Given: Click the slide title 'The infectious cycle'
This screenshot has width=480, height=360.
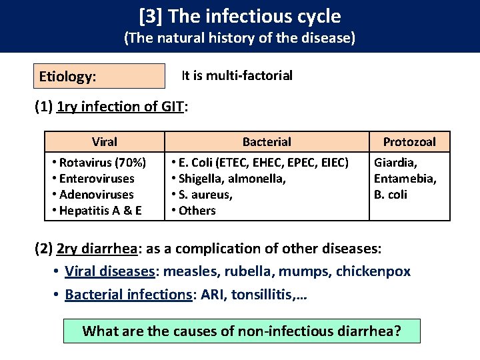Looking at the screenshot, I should [x=240, y=16].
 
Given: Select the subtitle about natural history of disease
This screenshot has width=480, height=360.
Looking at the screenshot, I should [x=240, y=39].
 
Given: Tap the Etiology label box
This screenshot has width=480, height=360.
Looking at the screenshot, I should [x=99, y=76].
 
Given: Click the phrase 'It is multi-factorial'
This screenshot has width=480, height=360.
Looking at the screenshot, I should [x=237, y=75].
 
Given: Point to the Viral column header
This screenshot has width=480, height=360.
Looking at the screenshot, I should [x=105, y=141].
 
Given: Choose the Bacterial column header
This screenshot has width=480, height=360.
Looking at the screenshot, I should [x=267, y=141].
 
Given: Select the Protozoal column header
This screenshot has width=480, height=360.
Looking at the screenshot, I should [x=409, y=141].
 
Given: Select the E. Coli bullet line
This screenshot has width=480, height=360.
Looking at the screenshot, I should [x=260, y=162].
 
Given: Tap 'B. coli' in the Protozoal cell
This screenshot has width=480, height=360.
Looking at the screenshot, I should [x=391, y=194].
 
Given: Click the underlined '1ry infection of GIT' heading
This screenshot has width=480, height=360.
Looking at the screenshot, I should [x=120, y=107].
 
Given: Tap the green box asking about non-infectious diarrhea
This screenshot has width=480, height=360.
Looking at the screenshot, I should [x=241, y=331].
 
